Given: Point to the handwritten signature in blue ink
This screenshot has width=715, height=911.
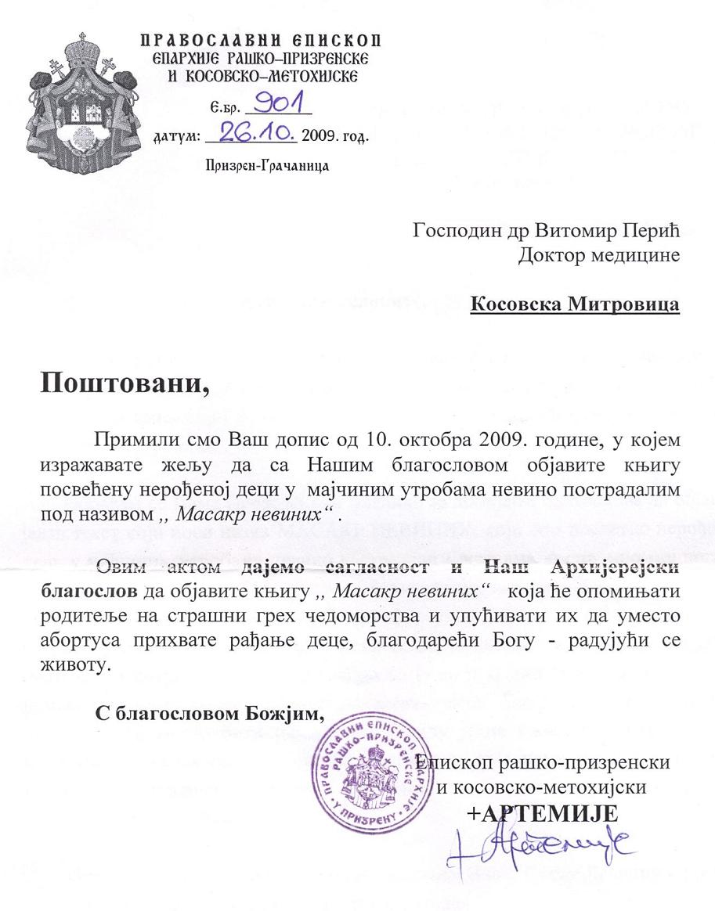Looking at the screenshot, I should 540,848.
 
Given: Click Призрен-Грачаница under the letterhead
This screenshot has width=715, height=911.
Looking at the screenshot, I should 266,165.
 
